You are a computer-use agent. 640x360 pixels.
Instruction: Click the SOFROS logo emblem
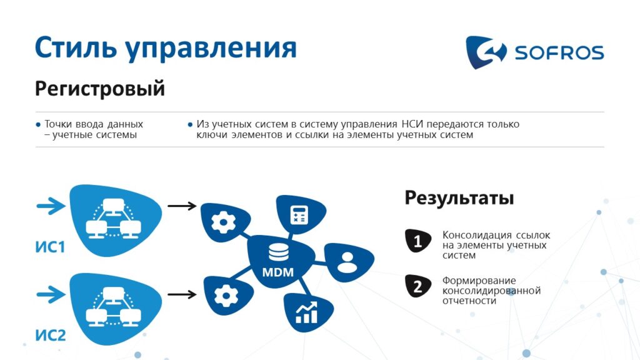click(486, 52)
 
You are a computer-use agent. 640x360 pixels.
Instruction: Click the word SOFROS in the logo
click(559, 52)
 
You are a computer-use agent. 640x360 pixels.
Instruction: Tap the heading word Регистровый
click(100, 89)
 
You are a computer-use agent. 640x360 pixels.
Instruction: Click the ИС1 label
click(50, 247)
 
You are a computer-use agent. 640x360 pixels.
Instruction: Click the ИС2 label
click(50, 336)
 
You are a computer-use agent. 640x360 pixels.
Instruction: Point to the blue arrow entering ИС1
click(51, 206)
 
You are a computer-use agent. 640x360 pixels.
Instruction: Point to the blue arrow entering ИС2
click(51, 294)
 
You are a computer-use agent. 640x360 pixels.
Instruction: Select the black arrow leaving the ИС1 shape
click(182, 206)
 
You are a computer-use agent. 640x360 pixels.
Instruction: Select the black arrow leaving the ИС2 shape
click(182, 294)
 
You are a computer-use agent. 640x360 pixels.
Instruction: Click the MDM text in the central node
click(278, 272)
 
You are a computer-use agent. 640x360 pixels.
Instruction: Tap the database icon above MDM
click(278, 252)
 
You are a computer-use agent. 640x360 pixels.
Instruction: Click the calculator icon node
click(299, 215)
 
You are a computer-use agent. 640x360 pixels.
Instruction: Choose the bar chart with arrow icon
click(306, 312)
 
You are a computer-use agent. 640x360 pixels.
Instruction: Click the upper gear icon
click(223, 222)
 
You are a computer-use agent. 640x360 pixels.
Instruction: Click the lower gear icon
click(226, 296)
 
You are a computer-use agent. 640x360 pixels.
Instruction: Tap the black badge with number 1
click(418, 241)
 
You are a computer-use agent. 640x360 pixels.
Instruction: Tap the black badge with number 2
click(418, 286)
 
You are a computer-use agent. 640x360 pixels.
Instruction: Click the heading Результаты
click(459, 198)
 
